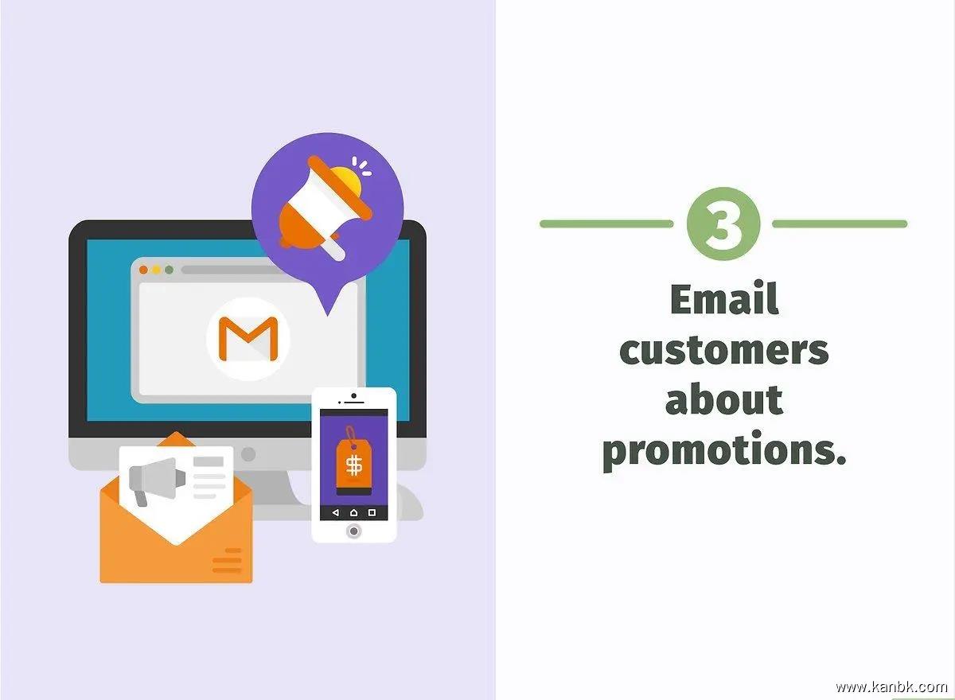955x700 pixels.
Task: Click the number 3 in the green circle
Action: click(x=723, y=224)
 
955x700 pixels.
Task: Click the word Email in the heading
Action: click(x=724, y=300)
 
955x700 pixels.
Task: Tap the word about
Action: click(x=724, y=399)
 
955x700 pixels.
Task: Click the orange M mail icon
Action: click(x=248, y=338)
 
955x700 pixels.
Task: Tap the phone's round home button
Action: click(x=353, y=531)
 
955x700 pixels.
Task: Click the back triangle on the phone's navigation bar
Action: click(x=336, y=512)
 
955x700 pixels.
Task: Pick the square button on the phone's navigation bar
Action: click(x=372, y=512)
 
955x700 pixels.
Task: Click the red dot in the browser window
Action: click(x=144, y=270)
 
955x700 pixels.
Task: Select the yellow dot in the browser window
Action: click(x=157, y=270)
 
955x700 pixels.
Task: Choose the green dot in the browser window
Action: click(x=170, y=270)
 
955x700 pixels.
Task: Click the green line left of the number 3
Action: click(x=606, y=224)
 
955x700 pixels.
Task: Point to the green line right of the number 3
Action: click(x=840, y=224)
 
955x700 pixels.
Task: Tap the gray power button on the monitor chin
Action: click(x=248, y=454)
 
